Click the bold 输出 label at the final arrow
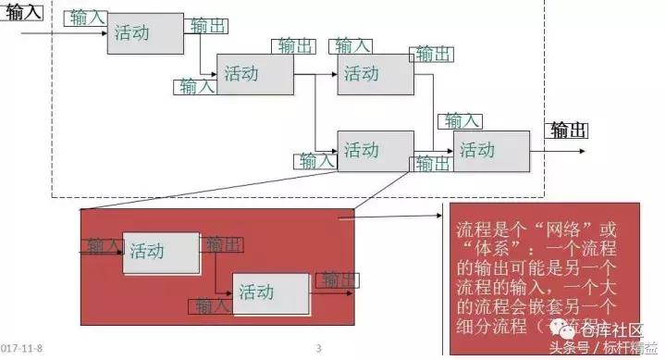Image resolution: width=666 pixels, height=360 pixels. (x=569, y=130)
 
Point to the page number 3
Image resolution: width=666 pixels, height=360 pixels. (x=319, y=349)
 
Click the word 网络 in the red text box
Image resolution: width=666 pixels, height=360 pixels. (x=568, y=229)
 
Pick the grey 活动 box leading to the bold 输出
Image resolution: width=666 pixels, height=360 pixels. (x=491, y=151)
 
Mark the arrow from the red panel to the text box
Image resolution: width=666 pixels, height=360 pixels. (x=398, y=218)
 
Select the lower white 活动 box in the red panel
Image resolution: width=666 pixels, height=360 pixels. (x=270, y=293)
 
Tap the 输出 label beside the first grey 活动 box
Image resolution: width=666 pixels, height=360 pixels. (x=206, y=26)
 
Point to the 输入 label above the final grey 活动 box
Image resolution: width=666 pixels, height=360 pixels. (x=462, y=121)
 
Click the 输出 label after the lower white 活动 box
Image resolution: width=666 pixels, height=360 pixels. (x=339, y=279)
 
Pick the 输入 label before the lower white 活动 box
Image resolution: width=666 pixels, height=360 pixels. (x=212, y=304)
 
